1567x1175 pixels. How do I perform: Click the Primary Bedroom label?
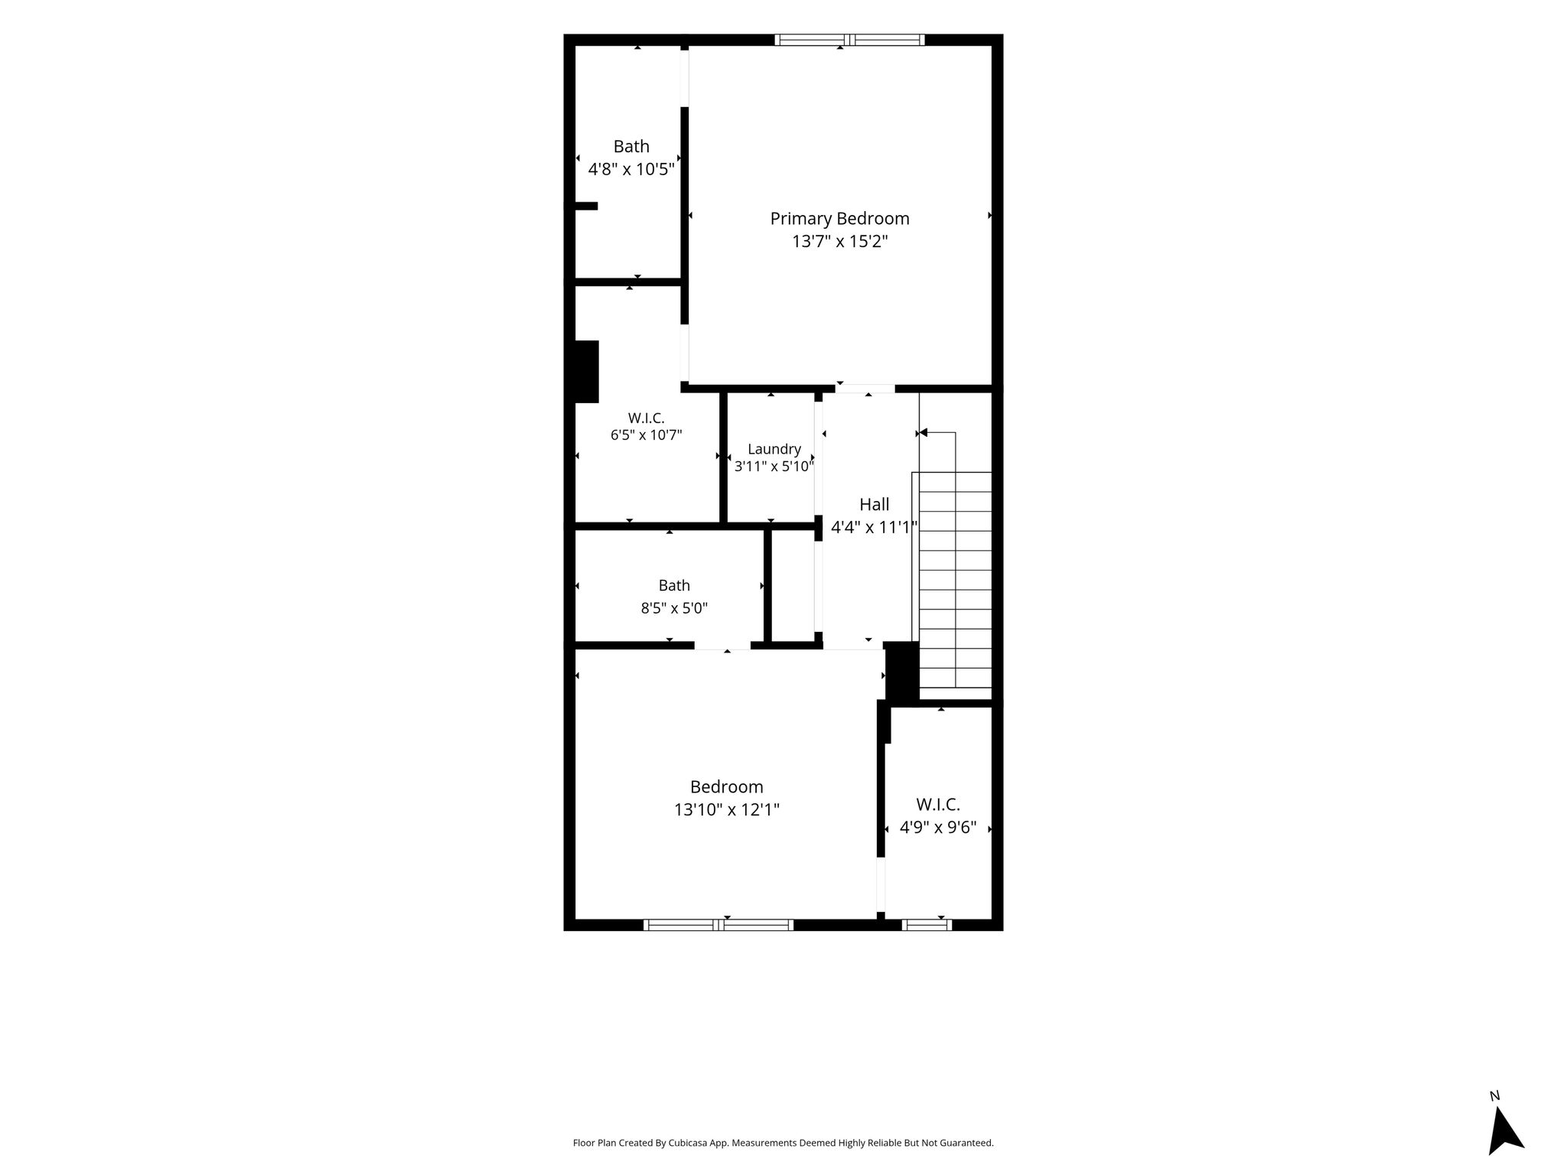pos(839,219)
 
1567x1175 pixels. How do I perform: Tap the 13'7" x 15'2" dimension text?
pos(839,242)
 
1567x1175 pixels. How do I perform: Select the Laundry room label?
pos(774,450)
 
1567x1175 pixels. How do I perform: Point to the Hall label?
pos(874,504)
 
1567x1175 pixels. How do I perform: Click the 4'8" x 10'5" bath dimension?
pos(631,169)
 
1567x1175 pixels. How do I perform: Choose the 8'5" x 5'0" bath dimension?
pos(674,609)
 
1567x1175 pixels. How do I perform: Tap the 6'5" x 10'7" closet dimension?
pos(646,435)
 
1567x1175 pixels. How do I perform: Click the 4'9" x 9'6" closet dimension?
pos(938,828)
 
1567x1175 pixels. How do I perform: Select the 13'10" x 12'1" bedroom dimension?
pos(727,809)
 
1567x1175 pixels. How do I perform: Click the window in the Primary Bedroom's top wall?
pos(849,40)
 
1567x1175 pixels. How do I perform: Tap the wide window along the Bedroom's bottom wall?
pos(718,925)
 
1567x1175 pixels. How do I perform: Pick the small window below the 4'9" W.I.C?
pos(927,925)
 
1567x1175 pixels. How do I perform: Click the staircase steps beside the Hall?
pos(955,580)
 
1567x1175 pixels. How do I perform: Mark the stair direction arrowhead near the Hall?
pos(923,433)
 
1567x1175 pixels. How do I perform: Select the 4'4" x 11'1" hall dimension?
pos(874,527)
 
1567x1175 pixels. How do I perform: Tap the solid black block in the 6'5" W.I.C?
pos(586,371)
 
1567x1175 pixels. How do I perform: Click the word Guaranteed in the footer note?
pos(967,1144)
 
